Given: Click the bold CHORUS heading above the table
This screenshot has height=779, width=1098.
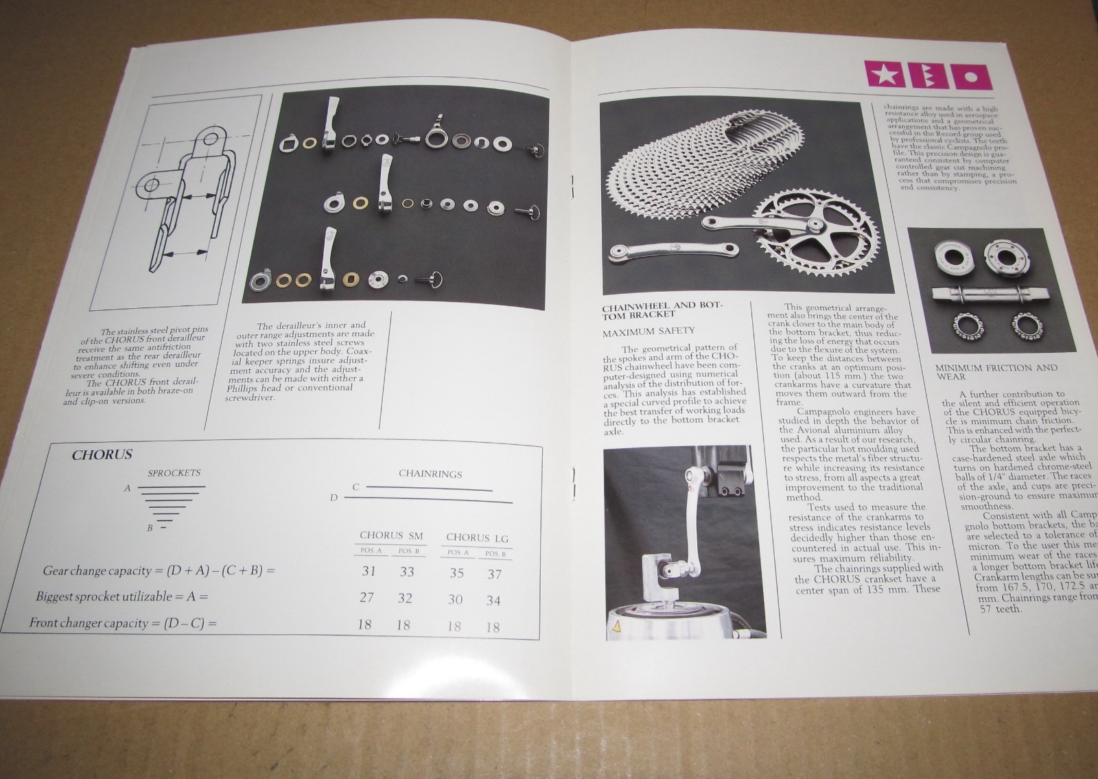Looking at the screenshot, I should [x=102, y=454].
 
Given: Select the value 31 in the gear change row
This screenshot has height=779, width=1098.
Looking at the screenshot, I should [x=369, y=570].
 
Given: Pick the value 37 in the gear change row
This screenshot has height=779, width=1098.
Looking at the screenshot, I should [x=494, y=574].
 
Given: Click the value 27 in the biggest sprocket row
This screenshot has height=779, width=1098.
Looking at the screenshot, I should [x=367, y=596].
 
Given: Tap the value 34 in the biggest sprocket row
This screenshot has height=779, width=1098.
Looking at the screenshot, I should [x=493, y=601].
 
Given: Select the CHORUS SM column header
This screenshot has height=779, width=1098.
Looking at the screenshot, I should [x=391, y=535].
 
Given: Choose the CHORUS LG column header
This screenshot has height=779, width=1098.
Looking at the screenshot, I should [x=477, y=537].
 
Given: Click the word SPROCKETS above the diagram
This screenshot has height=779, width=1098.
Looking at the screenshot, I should [x=174, y=473].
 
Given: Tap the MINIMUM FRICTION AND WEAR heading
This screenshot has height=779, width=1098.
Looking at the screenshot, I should [x=986, y=371].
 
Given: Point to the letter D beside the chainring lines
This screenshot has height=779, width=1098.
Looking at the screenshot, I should [x=334, y=497].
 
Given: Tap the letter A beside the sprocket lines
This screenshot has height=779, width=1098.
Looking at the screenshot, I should [x=127, y=488].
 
